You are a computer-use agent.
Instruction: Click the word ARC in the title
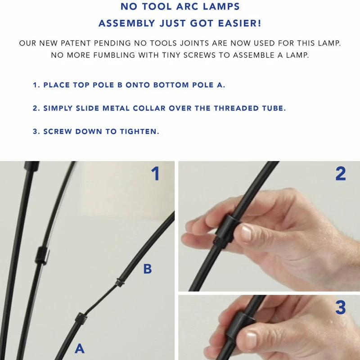(185, 6)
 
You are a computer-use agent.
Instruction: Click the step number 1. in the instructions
(36, 85)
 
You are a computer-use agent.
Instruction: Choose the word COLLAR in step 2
(149, 108)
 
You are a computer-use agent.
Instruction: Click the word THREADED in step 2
(236, 108)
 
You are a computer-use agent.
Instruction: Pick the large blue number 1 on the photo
(155, 174)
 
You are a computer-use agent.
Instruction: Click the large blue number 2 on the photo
(341, 174)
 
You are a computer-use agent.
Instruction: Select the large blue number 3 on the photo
(341, 307)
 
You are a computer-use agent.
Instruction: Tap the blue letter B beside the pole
(148, 269)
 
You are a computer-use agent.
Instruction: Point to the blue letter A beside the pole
(80, 348)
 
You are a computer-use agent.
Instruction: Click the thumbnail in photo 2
(246, 233)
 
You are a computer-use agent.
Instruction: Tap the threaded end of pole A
(81, 318)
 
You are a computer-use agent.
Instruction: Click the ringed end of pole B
(120, 282)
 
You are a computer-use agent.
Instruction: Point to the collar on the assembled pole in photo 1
(42, 255)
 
